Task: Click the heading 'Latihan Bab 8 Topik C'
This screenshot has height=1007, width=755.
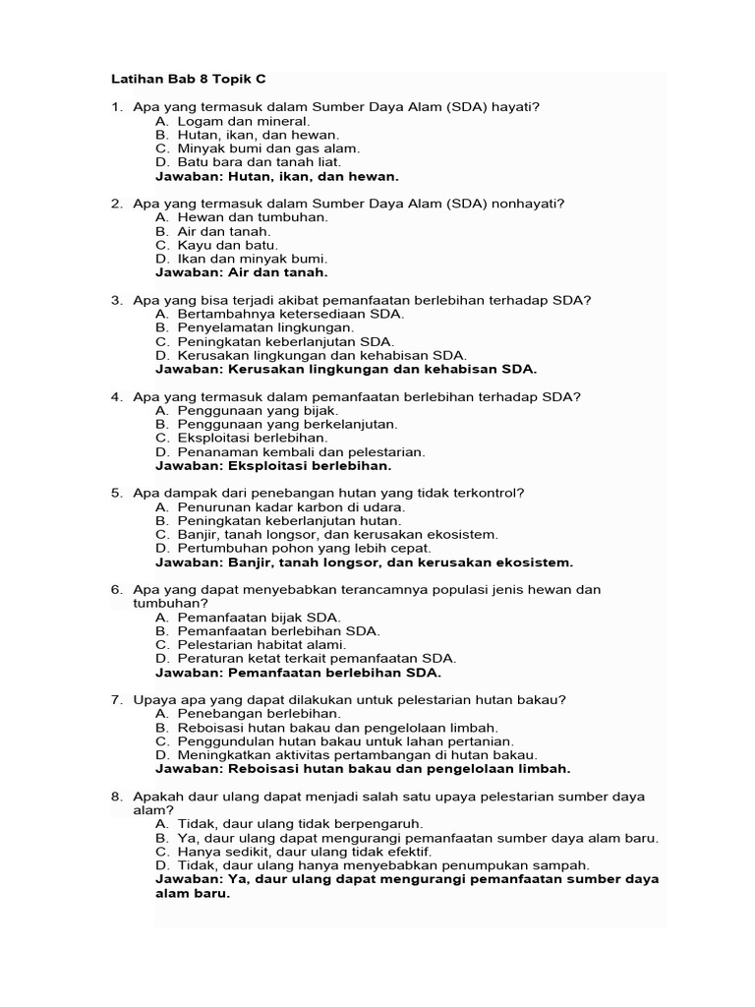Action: (188, 78)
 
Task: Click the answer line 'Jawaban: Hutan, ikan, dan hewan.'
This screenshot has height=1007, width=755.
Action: (277, 176)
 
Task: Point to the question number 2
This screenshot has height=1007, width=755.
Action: (116, 204)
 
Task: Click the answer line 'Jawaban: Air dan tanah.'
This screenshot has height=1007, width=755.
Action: (242, 271)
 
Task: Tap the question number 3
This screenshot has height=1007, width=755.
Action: (116, 299)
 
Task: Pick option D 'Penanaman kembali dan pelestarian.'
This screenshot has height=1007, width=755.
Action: (289, 451)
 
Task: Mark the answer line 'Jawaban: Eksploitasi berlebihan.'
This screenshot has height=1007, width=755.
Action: (273, 465)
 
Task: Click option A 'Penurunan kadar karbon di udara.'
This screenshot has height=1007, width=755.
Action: (280, 506)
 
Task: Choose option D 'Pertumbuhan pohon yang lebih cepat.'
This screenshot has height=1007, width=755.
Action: (292, 548)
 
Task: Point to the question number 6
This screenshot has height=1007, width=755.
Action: (116, 589)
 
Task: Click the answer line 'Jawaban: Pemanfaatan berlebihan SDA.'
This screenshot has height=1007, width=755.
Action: (298, 673)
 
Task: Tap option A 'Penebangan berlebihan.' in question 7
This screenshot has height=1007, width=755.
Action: (247, 713)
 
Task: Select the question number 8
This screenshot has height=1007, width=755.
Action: (116, 796)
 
